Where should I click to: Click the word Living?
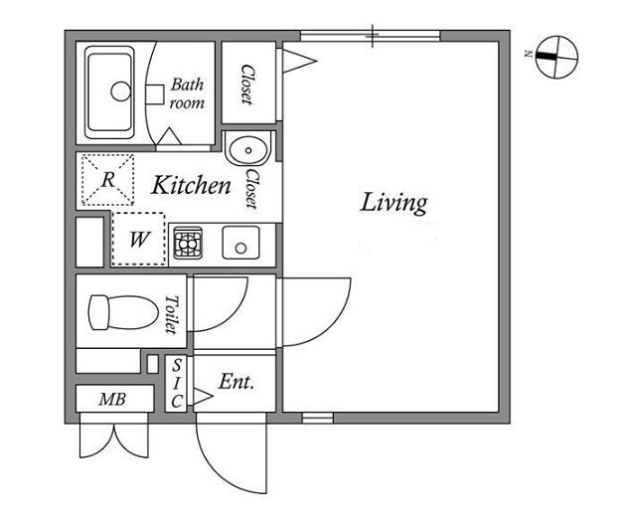pyautogui.click(x=394, y=203)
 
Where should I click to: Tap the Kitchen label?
pyautogui.click(x=191, y=185)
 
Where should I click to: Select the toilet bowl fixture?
pyautogui.click(x=123, y=312)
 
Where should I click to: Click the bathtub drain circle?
pyautogui.click(x=120, y=91)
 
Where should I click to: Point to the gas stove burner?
pyautogui.click(x=187, y=243)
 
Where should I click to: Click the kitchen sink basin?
pyautogui.click(x=240, y=243)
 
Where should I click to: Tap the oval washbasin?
pyautogui.click(x=248, y=151)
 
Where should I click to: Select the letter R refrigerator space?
pyautogui.click(x=107, y=180)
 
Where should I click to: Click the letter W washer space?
pyautogui.click(x=138, y=239)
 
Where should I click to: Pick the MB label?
pyautogui.click(x=112, y=399)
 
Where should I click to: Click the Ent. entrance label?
pyautogui.click(x=236, y=382)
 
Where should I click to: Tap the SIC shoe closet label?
pyautogui.click(x=177, y=383)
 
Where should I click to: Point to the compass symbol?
pyautogui.click(x=556, y=57)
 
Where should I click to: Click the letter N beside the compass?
pyautogui.click(x=529, y=54)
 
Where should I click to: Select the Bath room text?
pyautogui.click(x=187, y=93)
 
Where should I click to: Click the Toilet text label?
pyautogui.click(x=171, y=314)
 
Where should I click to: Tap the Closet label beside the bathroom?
pyautogui.click(x=247, y=85)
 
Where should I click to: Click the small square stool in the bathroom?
pyautogui.click(x=155, y=94)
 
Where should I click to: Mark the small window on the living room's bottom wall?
pyautogui.click(x=318, y=419)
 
